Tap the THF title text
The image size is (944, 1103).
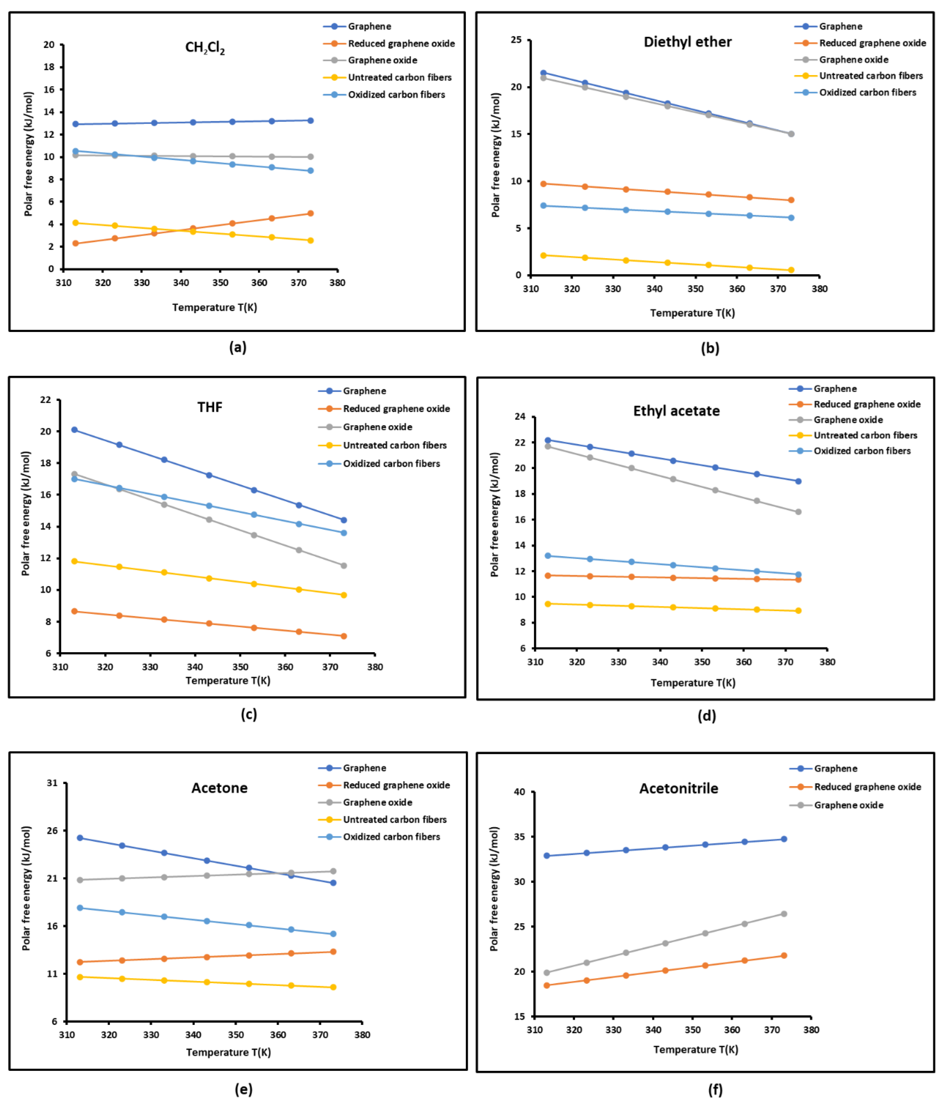[210, 407]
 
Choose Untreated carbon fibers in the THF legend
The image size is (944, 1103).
[395, 445]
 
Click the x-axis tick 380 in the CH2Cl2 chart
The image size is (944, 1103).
[337, 283]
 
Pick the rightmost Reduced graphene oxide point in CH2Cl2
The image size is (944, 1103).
[310, 214]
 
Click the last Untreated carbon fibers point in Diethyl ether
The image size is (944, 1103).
[791, 270]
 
